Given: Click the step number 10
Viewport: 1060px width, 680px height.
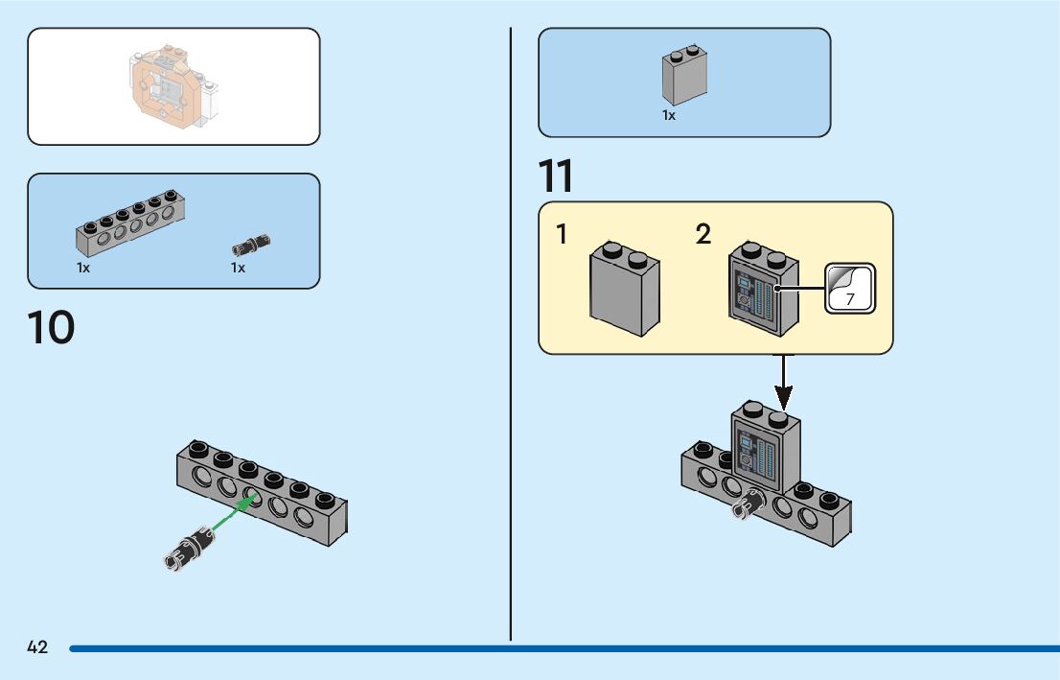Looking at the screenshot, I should [51, 328].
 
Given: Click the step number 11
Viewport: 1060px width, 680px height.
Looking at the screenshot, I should [556, 176].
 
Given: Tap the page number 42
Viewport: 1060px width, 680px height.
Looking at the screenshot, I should [37, 647].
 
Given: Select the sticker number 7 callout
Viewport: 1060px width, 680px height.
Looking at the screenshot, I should [850, 289].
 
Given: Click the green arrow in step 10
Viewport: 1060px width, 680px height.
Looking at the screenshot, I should [232, 515].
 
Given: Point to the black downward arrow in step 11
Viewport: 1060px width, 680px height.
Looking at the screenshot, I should [784, 381].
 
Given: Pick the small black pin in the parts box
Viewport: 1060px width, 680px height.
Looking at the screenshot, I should [251, 243].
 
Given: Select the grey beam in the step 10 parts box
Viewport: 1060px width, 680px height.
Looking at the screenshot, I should [130, 222].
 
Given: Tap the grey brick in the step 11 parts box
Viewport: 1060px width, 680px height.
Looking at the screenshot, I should [684, 76].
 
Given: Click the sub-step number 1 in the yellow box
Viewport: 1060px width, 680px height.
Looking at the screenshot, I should [564, 234].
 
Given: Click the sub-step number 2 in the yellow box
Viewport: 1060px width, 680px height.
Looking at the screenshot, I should [703, 234].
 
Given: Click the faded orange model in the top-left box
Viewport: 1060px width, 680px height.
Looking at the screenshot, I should [171, 87].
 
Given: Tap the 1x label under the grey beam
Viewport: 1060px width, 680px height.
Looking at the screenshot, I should [83, 269].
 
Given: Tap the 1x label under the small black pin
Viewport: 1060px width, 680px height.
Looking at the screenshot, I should [238, 269].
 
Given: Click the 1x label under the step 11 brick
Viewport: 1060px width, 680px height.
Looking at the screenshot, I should [669, 116].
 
